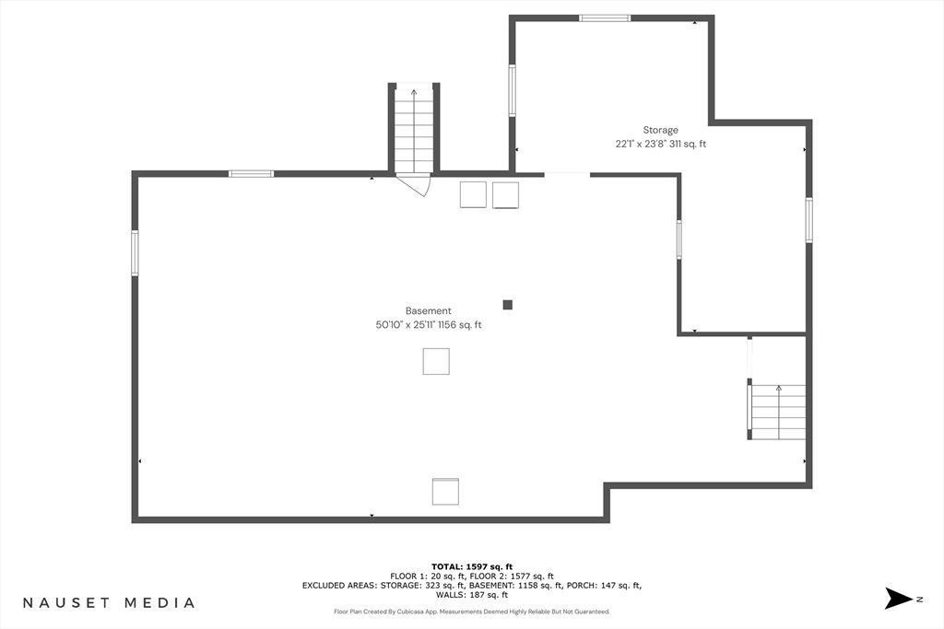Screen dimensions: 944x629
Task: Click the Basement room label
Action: pyautogui.click(x=428, y=311)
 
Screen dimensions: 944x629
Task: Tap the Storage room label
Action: pyautogui.click(x=660, y=130)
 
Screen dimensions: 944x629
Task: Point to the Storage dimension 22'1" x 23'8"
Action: pyautogui.click(x=641, y=145)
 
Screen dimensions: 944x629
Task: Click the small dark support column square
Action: pyautogui.click(x=508, y=305)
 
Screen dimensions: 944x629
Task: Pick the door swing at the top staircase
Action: pyautogui.click(x=416, y=184)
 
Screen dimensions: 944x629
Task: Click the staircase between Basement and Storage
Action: pyautogui.click(x=414, y=130)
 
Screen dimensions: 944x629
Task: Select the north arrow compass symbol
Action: pyautogui.click(x=899, y=599)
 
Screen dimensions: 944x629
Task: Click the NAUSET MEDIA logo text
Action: pyautogui.click(x=109, y=602)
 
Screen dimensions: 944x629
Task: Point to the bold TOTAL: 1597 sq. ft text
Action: pyautogui.click(x=472, y=566)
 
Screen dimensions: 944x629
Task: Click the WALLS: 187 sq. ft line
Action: pyautogui.click(x=472, y=595)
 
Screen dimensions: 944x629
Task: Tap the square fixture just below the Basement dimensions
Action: pyautogui.click(x=436, y=361)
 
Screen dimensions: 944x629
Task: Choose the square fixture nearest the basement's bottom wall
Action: pyautogui.click(x=445, y=491)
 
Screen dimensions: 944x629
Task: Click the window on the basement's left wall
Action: pyautogui.click(x=135, y=252)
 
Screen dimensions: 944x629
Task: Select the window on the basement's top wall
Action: pyautogui.click(x=251, y=174)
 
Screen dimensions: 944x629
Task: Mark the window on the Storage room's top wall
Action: pyautogui.click(x=605, y=18)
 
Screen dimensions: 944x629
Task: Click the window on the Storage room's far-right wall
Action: pyautogui.click(x=809, y=220)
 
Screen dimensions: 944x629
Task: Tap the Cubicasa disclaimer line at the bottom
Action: pyautogui.click(x=472, y=612)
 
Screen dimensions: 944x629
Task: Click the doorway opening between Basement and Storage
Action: pyautogui.click(x=567, y=174)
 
